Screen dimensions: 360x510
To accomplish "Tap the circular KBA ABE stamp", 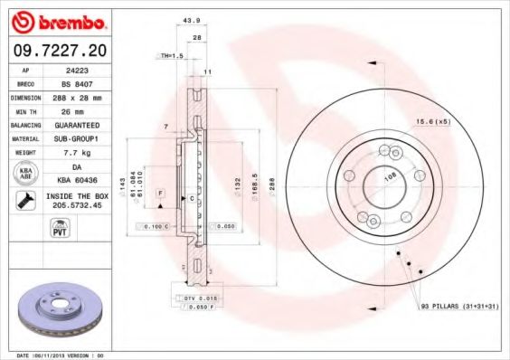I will (x=24, y=175).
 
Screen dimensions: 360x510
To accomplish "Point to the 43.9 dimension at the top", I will (x=191, y=21).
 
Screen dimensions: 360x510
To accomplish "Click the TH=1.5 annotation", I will (x=172, y=56).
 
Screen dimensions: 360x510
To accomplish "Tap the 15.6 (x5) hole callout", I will (x=432, y=121).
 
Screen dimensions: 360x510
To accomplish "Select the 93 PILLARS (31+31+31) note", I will (x=458, y=307).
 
